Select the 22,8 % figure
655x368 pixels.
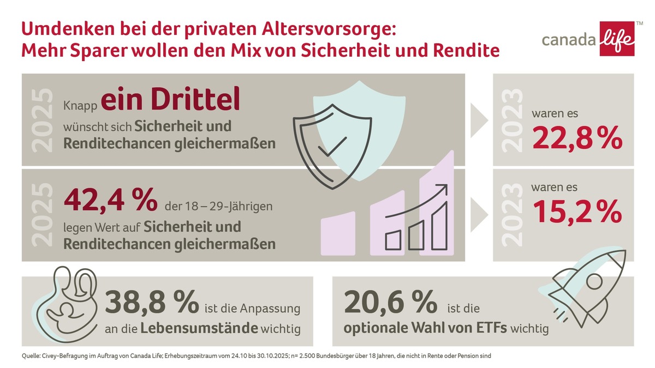click(577, 140)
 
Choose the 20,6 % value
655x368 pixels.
click(390, 303)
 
